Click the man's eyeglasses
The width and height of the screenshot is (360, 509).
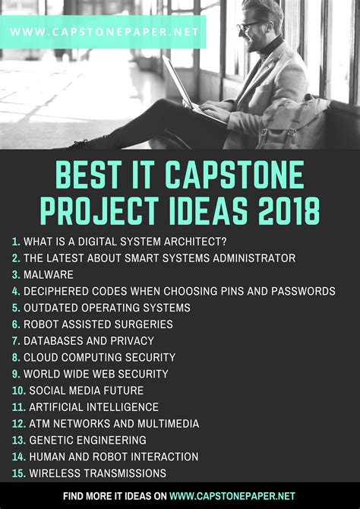coord(249,26)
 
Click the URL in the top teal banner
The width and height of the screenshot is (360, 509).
coord(104,32)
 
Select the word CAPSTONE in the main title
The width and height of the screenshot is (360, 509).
coord(235,175)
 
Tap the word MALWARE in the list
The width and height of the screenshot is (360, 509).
coord(49,274)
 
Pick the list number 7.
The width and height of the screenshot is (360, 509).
coord(16,341)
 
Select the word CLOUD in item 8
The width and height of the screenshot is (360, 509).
coord(41,357)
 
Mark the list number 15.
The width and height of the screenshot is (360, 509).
coord(19,473)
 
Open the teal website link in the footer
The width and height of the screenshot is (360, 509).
coord(232,496)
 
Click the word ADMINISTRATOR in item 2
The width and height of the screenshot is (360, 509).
coord(254,258)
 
